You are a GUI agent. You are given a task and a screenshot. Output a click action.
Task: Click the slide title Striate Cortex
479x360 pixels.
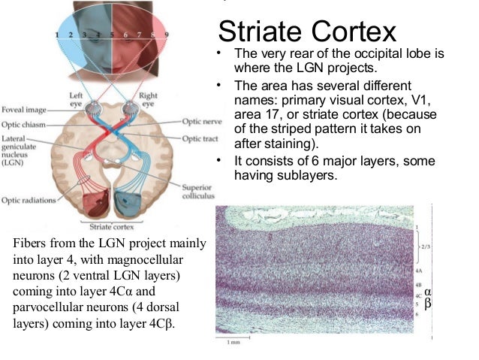click(x=306, y=32)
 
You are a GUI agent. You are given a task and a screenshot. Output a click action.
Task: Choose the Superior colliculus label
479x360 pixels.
click(x=197, y=192)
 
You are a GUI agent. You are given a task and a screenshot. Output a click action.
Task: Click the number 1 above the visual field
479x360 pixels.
click(x=57, y=35)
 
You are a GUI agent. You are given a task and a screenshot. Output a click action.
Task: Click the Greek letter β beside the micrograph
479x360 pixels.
click(x=428, y=304)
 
